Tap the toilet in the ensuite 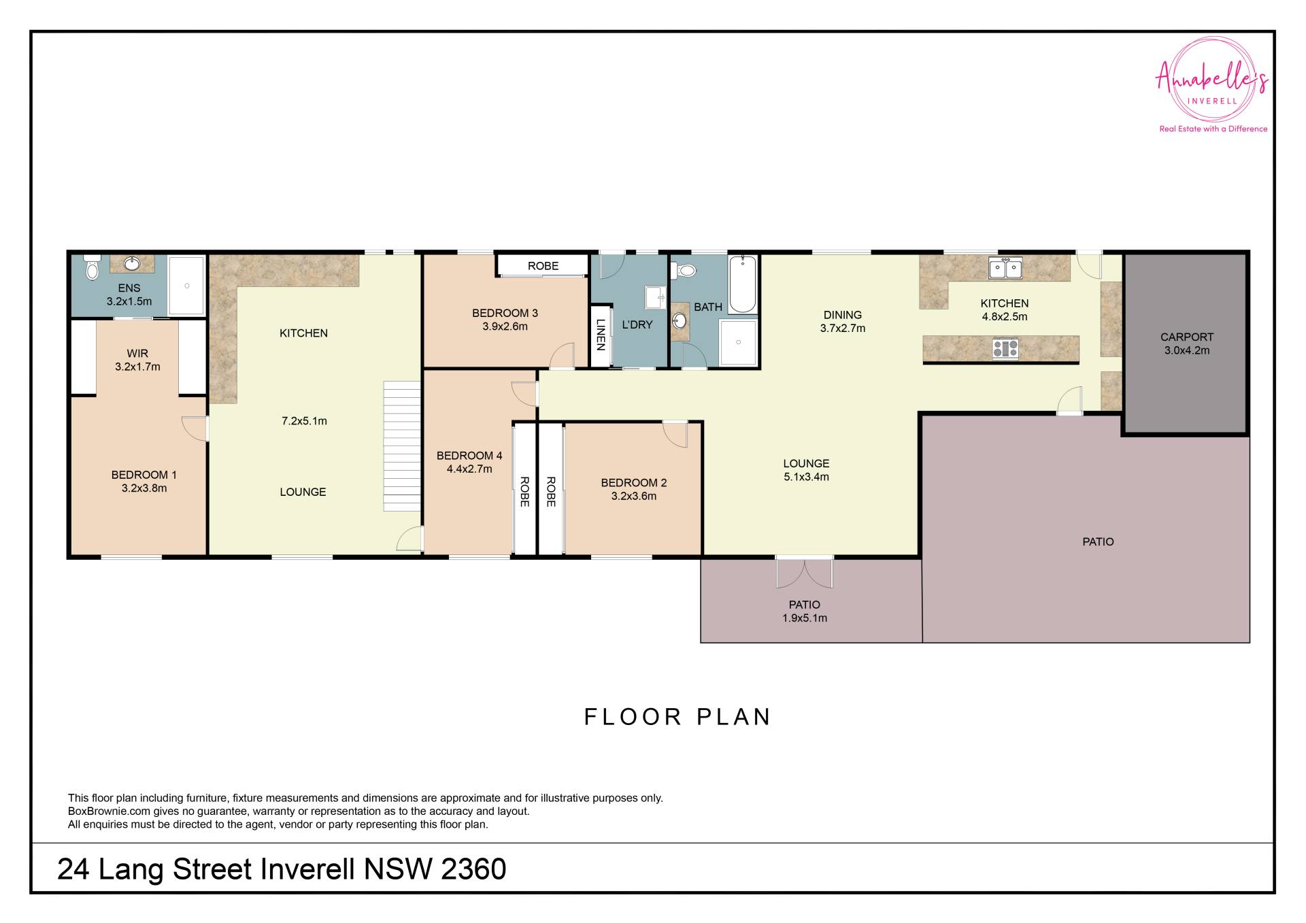92,267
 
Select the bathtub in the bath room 743,284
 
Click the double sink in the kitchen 1005,268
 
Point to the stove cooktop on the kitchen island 1005,349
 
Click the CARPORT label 1187,337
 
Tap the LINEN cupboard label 601,335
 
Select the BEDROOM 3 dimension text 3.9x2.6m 505,326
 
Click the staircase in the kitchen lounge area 402,446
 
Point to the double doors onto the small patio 805,573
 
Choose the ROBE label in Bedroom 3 543,266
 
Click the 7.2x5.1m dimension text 304,421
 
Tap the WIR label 137,353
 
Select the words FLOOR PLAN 677,717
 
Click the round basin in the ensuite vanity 132,263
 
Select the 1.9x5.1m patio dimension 805,618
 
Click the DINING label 843,315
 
